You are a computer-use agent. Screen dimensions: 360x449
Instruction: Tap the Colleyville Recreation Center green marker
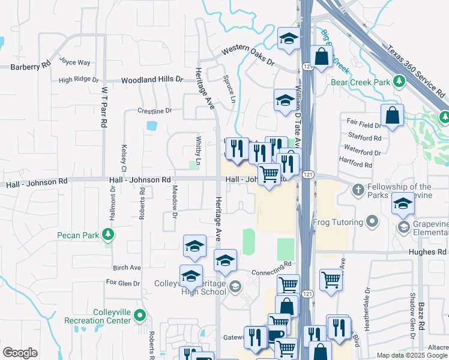click(139, 314)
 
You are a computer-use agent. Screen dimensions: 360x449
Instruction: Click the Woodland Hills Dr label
click(152, 79)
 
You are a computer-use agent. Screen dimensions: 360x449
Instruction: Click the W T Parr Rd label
click(104, 106)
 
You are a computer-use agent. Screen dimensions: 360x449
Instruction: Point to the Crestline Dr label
click(154, 110)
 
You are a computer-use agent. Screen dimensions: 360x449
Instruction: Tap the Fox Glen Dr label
click(122, 283)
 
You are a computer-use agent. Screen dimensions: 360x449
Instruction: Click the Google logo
click(20, 353)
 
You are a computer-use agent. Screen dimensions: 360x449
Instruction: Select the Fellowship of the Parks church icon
click(358, 191)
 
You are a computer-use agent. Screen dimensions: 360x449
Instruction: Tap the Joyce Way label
click(75, 62)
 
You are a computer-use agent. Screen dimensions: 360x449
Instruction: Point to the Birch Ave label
click(127, 268)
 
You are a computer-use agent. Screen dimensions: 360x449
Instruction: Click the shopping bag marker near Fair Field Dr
click(392, 116)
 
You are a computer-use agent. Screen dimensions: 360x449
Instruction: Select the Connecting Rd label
click(271, 263)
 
